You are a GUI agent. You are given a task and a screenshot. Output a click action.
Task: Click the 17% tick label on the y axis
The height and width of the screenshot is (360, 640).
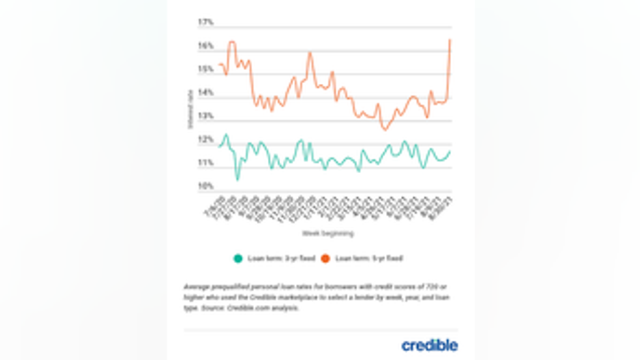205,23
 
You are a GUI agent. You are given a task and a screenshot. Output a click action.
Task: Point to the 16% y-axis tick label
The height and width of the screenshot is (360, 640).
205,46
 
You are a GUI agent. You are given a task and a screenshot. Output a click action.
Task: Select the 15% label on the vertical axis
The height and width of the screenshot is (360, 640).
205,69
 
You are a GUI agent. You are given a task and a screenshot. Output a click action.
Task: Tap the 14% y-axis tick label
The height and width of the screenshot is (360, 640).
205,93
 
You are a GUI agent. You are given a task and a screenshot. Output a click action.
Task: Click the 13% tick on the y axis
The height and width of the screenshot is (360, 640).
205,116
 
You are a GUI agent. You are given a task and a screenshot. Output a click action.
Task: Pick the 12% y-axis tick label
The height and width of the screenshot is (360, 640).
205,140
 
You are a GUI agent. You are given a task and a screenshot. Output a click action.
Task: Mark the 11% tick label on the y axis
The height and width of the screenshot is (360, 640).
205,164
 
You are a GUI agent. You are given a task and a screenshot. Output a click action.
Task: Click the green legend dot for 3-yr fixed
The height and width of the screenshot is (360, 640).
238,258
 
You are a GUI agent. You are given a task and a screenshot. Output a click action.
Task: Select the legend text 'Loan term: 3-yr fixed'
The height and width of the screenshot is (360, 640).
281,258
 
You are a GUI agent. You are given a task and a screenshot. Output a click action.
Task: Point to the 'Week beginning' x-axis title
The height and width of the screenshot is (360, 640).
328,234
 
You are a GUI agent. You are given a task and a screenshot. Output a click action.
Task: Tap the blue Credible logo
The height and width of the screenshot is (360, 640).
429,345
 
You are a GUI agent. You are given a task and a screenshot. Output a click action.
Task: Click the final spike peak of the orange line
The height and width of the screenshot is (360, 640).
450,40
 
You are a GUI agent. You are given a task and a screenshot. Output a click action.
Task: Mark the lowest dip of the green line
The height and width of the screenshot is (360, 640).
238,179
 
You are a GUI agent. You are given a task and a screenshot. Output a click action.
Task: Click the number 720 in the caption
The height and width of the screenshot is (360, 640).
404,286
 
